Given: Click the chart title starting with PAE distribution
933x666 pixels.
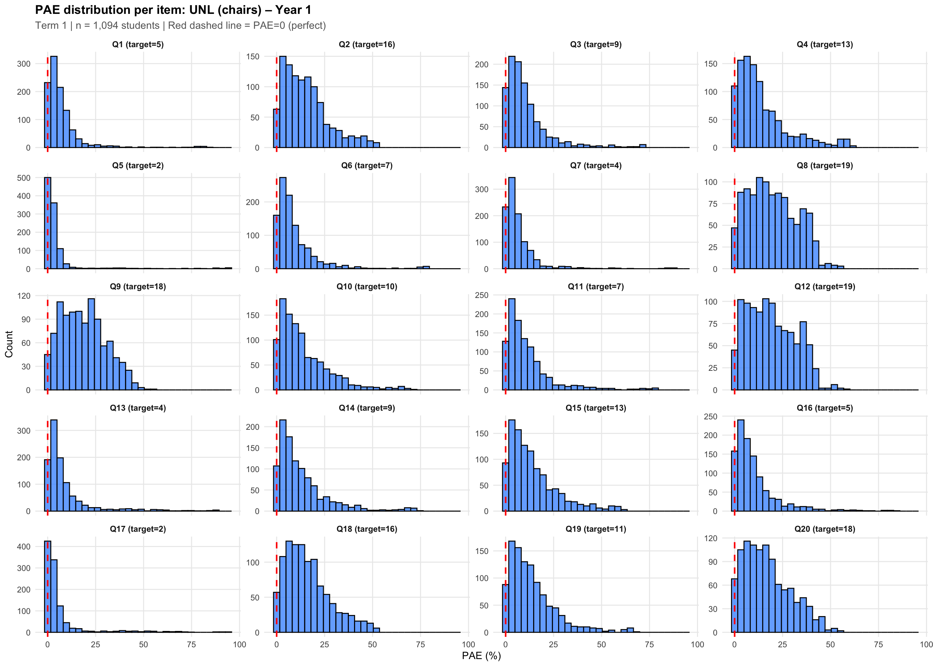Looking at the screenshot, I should click(x=173, y=9).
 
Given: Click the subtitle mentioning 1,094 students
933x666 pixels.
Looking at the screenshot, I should click(x=180, y=25).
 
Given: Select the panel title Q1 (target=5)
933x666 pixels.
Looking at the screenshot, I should click(x=138, y=44).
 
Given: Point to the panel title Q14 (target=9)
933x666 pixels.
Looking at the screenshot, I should click(x=367, y=408).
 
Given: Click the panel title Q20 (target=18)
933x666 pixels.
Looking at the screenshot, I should click(x=825, y=529).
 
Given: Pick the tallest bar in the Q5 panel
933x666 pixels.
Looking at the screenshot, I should click(x=48, y=223).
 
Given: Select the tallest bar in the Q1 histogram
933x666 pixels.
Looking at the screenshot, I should click(x=54, y=102).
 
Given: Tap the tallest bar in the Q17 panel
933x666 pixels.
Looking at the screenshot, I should click(x=48, y=587).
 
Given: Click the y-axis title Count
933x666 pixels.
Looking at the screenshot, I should click(x=9, y=344).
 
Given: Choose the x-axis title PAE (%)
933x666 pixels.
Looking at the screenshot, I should click(x=481, y=655).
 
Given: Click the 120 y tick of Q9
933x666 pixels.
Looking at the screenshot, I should click(x=24, y=296).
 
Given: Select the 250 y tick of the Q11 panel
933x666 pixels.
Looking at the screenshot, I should click(x=482, y=295).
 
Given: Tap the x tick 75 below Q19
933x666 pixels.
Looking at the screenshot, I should click(x=649, y=644).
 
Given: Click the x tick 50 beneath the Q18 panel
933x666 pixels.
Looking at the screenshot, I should click(x=372, y=644).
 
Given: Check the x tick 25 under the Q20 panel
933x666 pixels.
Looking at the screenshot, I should click(x=782, y=644).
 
